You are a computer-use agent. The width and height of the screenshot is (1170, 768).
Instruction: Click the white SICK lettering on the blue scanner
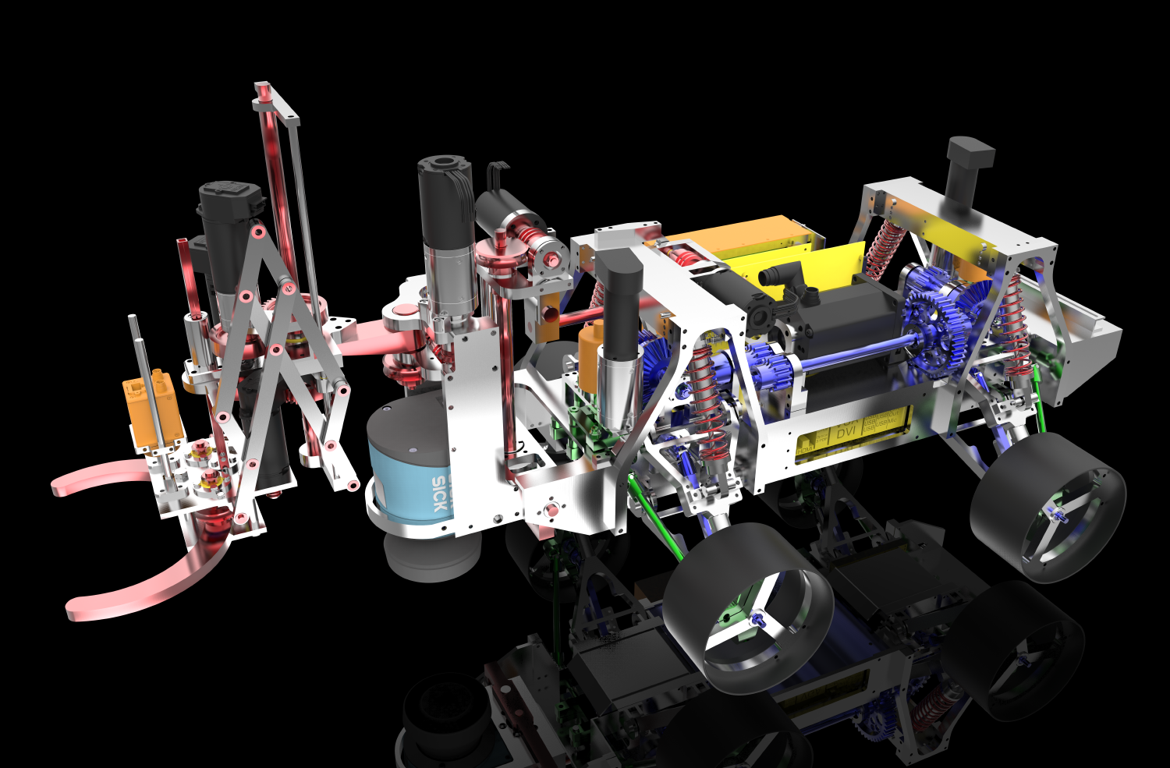point(440,493)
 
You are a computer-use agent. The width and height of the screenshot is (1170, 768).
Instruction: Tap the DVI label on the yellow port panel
point(846,431)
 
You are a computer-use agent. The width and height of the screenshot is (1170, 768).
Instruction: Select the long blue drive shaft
point(850,352)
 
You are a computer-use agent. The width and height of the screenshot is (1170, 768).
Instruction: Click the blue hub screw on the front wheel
point(757,619)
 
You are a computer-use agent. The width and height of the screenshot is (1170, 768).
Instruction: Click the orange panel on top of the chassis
point(749,237)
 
